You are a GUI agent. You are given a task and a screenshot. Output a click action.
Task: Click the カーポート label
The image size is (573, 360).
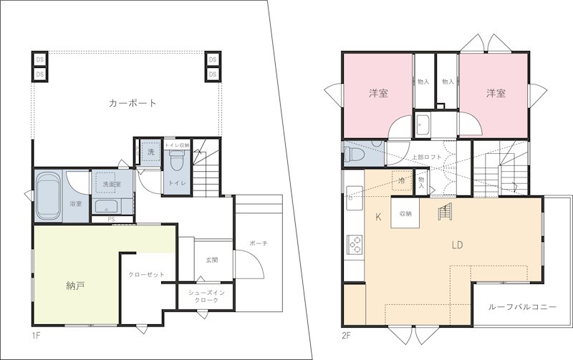click(133, 103)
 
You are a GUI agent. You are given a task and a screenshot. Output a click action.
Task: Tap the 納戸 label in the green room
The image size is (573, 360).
click(75, 286)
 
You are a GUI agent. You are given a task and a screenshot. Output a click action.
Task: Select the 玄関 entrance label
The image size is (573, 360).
click(211, 260)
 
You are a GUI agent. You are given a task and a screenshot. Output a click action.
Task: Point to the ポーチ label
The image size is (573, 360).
click(259, 243)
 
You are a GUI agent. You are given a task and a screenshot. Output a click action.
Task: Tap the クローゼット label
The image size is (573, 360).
click(147, 275)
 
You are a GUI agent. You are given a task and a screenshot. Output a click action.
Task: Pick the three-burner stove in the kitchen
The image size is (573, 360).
click(355, 244)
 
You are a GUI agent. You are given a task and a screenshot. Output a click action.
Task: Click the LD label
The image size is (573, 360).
click(457, 244)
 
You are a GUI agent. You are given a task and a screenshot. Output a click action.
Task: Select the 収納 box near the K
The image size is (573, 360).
click(405, 213)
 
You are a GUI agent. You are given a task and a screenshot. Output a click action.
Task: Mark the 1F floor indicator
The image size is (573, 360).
click(36, 335)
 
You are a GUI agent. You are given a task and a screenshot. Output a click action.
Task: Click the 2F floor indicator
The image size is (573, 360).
click(347, 335)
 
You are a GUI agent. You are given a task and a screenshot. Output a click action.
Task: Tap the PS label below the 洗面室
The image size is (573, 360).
click(111, 219)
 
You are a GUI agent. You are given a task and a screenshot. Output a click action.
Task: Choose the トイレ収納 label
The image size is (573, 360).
click(176, 145)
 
